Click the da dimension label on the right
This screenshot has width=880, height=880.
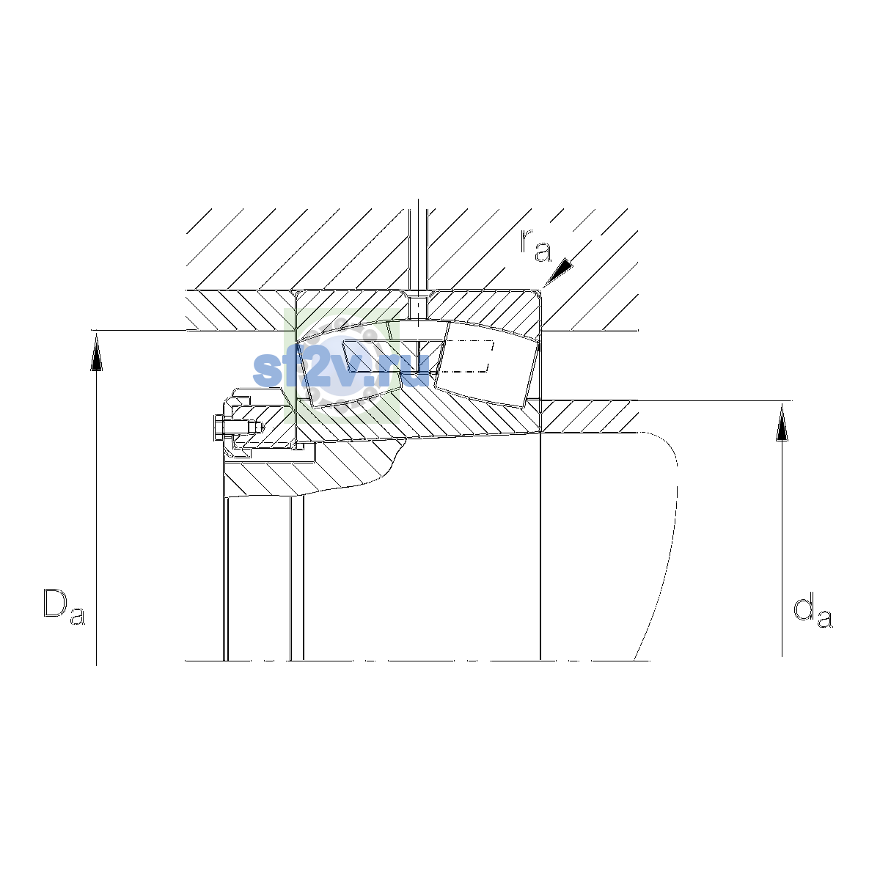(813, 612)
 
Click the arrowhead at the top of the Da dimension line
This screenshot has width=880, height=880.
(96, 351)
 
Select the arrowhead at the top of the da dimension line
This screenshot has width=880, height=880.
(782, 422)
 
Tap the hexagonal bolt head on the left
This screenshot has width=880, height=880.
(219, 428)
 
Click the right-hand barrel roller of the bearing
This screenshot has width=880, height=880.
(486, 364)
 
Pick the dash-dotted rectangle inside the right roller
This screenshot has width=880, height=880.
(466, 356)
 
